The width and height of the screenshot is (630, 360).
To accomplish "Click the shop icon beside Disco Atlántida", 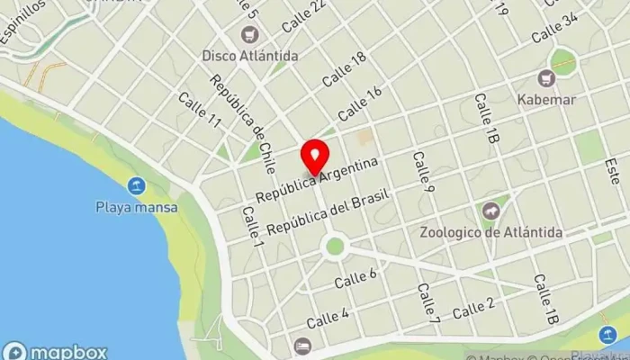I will tap(247, 34).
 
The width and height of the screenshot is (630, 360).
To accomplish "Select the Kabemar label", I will tap(546, 99).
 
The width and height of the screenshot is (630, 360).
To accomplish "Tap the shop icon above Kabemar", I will tap(546, 78).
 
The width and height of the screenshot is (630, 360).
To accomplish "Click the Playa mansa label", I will tap(137, 207).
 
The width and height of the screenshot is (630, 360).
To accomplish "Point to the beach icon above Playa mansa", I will tap(137, 186).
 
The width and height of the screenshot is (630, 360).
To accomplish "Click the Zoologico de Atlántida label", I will tap(491, 232).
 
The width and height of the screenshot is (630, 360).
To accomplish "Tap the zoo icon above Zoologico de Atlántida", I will tap(490, 211).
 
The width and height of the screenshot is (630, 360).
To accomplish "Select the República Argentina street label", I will tap(317, 180).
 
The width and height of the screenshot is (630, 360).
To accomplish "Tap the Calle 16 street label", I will tap(361, 104).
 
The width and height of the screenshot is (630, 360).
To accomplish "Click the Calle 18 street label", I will tap(345, 69).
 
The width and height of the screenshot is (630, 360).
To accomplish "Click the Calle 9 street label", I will tap(424, 171).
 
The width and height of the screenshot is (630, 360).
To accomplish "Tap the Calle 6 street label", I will tap(355, 279).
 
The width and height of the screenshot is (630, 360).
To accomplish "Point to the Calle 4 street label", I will tap(328, 318).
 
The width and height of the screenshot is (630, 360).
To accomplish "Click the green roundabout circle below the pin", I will tap(335, 246).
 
